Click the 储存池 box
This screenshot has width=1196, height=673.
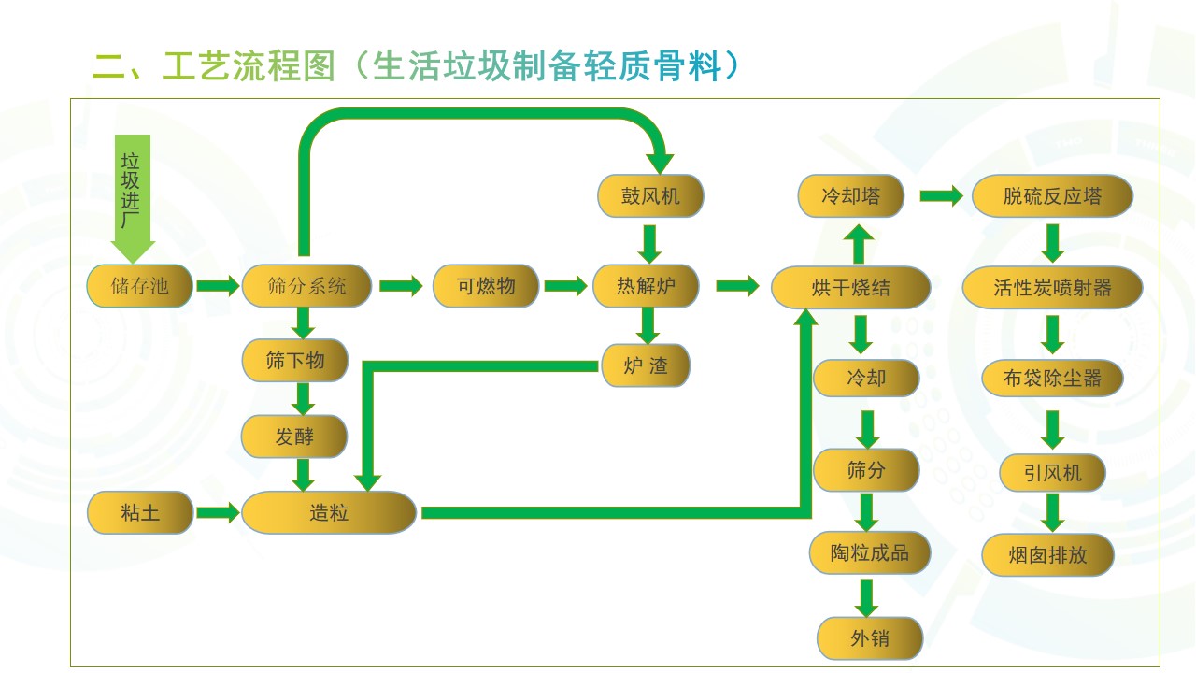point(140,286)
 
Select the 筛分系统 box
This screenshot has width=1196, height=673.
point(306,286)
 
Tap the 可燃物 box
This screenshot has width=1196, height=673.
point(486,286)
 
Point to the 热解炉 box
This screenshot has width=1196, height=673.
point(646,286)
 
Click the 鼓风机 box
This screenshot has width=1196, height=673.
point(650,196)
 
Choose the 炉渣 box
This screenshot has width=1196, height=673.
point(646,365)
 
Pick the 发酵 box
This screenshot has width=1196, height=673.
point(294,437)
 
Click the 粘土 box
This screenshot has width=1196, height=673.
point(140,513)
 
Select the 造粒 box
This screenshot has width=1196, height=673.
point(329,513)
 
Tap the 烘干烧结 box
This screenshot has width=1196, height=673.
point(850,288)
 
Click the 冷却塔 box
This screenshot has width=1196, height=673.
point(850,196)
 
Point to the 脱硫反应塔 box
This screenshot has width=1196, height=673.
point(1052,196)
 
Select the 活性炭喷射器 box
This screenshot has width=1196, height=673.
point(1052,288)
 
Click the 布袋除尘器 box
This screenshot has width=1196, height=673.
point(1052,379)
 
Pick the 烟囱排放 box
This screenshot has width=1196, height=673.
point(1048,555)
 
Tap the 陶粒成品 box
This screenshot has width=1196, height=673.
point(869,552)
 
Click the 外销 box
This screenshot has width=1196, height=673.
point(870,639)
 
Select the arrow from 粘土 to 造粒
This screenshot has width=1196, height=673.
point(219,513)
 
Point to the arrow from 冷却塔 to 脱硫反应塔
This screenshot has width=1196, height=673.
point(941,196)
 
